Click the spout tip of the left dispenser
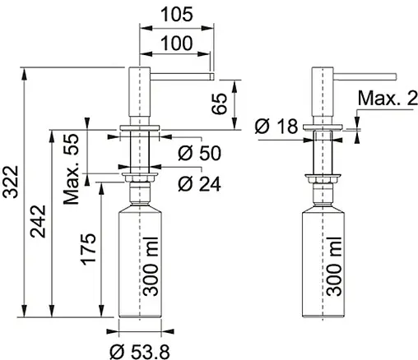pyautogui.click(x=212, y=76)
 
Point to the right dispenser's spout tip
pyautogui.click(x=396, y=76)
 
